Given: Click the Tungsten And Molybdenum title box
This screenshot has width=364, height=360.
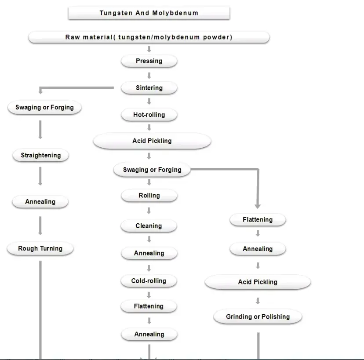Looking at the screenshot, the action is click(149, 13).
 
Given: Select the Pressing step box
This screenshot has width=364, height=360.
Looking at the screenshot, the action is click(149, 61).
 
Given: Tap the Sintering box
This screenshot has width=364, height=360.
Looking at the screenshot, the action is click(149, 88).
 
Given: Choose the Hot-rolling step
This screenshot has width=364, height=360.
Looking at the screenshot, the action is click(149, 115).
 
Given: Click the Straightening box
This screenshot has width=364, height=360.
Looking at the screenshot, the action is click(40, 155).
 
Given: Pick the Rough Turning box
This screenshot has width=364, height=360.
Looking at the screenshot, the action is click(40, 248).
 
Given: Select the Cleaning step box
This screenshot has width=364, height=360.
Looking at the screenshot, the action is click(149, 226).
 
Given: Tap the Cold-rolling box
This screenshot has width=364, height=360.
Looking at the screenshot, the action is click(149, 281).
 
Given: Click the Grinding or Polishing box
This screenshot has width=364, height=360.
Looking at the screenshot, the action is click(258, 316).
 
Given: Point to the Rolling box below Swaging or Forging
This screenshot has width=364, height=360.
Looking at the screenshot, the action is click(149, 196).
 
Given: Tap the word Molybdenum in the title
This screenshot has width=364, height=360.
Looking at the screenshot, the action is click(175, 13).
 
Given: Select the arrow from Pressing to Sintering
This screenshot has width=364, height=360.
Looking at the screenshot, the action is click(149, 76).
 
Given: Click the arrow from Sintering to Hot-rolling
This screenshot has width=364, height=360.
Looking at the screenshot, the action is click(149, 101).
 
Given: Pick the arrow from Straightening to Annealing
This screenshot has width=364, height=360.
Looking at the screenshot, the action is click(40, 176).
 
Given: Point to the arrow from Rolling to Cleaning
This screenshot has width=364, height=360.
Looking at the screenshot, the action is click(149, 211).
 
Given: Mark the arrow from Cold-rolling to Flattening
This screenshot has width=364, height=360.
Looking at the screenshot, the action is click(149, 295).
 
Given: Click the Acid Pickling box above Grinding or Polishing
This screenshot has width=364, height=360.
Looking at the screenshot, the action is click(258, 282).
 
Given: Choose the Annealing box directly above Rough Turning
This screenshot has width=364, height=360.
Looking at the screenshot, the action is click(40, 202).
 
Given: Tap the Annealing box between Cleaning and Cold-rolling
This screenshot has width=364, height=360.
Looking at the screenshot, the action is click(149, 253).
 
